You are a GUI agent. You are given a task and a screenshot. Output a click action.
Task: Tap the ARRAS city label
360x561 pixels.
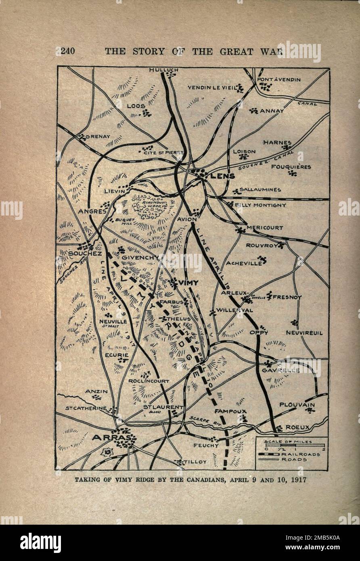coord(107,437)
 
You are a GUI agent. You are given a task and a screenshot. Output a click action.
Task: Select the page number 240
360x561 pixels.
coord(66,51)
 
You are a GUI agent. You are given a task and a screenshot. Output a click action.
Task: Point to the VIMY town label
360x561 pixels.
coord(188,283)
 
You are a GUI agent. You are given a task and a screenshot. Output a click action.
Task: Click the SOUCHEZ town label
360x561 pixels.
coord(85,253)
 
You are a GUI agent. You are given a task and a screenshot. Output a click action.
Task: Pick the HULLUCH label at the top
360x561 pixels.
coord(163,70)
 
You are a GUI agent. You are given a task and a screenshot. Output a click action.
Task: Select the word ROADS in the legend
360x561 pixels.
coord(294,459)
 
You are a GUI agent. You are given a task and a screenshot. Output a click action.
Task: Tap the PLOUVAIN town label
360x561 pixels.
coord(297,404)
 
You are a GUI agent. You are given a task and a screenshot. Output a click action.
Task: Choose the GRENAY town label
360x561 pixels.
coord(98,136)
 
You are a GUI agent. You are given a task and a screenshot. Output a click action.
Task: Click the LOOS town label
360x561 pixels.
coord(136,106)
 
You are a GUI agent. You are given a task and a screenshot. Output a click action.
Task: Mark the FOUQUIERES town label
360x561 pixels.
coord(291,166)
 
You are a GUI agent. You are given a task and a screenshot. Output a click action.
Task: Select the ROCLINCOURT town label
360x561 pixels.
coord(149,381)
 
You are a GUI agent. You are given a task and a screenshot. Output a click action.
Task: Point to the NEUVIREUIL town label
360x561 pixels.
coord(304,333)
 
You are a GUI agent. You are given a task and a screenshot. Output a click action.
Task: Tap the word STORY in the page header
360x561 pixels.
coord(150,51)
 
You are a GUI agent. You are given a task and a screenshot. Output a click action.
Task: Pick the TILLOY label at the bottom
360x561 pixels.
coord(196,461)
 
